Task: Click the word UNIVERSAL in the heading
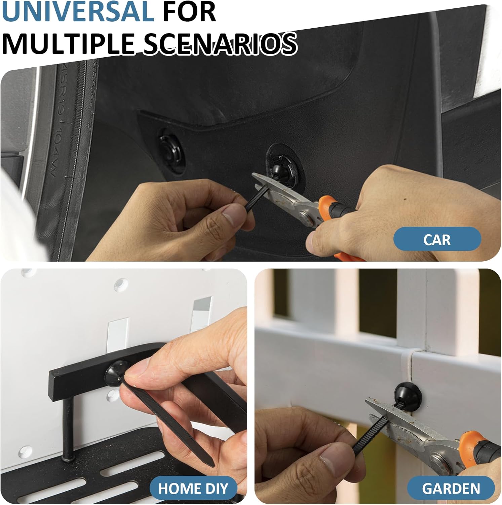coord(78,12)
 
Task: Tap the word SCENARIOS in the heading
coord(220,43)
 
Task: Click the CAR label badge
coord(437,239)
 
